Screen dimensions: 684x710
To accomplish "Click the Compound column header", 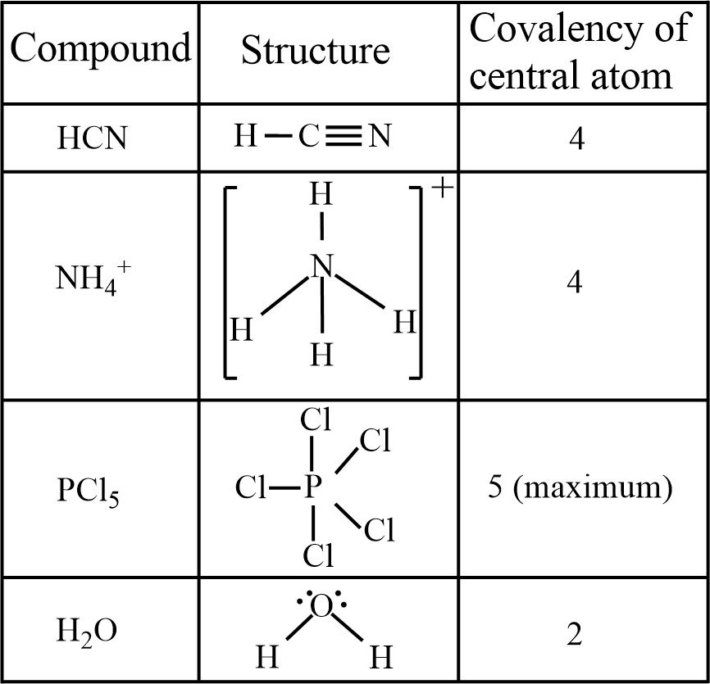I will point(99,50).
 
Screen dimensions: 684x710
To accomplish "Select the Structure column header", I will point(315,51).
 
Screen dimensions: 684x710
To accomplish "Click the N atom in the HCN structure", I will point(378,137).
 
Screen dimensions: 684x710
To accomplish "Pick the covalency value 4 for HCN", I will point(576,139).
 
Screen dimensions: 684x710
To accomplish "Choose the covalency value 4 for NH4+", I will point(576,283).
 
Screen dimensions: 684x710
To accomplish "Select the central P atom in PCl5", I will point(312,490).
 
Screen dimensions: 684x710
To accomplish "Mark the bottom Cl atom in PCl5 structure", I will point(317,557).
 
